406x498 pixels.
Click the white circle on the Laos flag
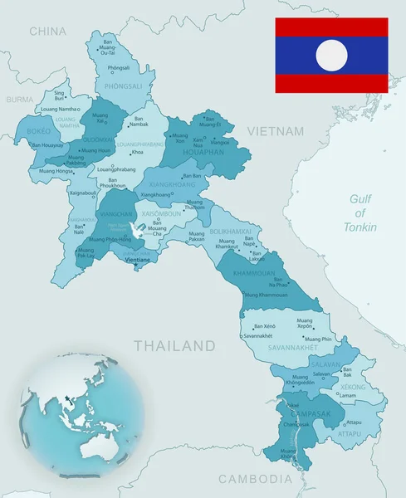point(332,55)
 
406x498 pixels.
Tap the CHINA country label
point(47,31)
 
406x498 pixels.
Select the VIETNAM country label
point(275,131)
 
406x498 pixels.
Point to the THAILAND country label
point(174,344)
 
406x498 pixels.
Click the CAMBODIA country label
point(256,479)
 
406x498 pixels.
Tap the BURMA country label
point(20,99)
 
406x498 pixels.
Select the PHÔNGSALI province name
point(118,85)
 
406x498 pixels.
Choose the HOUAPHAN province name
point(198,153)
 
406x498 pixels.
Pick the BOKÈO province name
point(39,130)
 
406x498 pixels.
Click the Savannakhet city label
point(257,336)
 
